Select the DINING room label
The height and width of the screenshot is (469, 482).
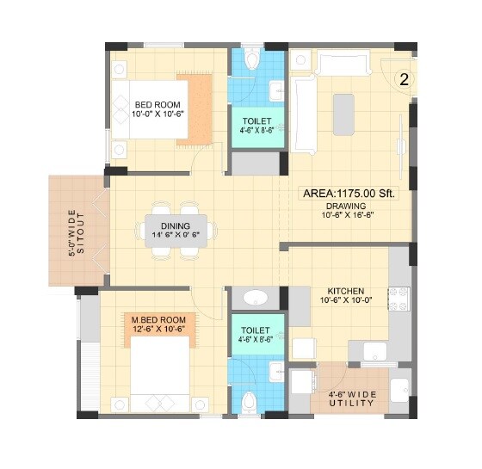click(175, 225)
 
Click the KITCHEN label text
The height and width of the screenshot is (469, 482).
click(345, 291)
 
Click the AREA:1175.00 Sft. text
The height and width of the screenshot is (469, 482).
click(349, 194)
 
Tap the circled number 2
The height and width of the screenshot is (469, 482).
click(403, 79)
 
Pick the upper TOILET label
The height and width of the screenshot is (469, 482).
click(256, 121)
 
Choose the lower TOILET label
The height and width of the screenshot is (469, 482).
click(256, 329)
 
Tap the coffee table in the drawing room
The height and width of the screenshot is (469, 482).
click(344, 113)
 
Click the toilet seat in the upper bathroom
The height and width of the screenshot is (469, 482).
click(251, 59)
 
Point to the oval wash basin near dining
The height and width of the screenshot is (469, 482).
click(255, 298)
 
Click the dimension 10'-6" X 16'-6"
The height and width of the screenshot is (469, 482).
click(346, 218)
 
